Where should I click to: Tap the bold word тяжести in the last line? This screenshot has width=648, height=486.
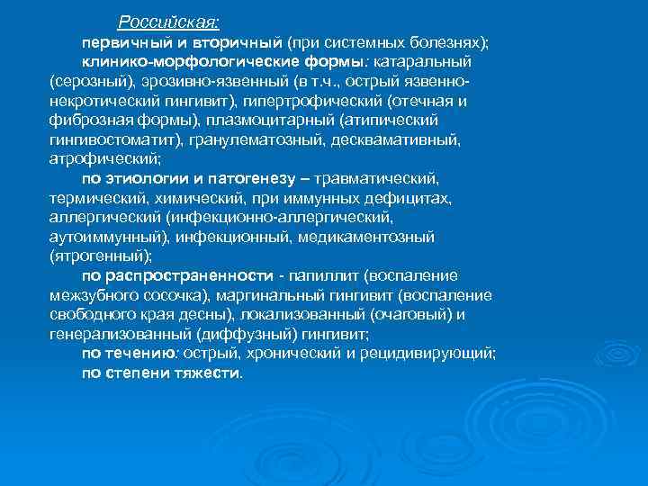point(208,373)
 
